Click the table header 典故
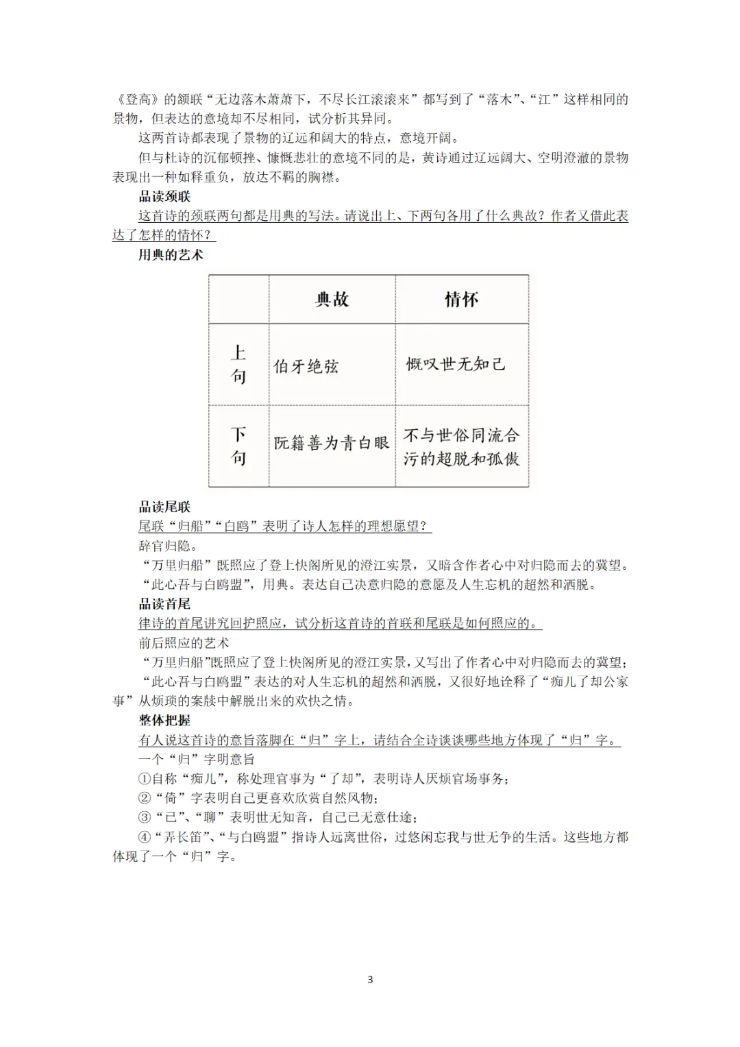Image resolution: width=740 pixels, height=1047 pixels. pyautogui.click(x=332, y=299)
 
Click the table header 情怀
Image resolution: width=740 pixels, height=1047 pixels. pyautogui.click(x=461, y=299)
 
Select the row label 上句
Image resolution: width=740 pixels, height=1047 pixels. pyautogui.click(x=238, y=364)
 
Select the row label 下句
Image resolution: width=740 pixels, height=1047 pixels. pyautogui.click(x=238, y=446)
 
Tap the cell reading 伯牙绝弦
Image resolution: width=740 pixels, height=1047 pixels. pyautogui.click(x=306, y=366)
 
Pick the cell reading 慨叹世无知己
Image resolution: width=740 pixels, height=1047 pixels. pyautogui.click(x=456, y=364)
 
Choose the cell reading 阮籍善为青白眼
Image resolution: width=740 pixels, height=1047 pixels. pyautogui.click(x=332, y=443)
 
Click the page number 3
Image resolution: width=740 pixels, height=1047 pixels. pyautogui.click(x=371, y=979)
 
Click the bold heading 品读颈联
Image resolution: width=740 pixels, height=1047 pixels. pyautogui.click(x=164, y=197)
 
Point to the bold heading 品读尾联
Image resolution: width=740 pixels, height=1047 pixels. pyautogui.click(x=164, y=507)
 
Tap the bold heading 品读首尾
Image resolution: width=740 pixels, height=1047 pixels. pyautogui.click(x=164, y=604)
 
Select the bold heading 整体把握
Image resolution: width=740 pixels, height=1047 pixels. pyautogui.click(x=164, y=721)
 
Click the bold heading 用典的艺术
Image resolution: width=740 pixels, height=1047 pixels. pyautogui.click(x=171, y=255)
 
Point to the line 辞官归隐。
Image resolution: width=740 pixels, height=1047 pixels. pyautogui.click(x=168, y=546)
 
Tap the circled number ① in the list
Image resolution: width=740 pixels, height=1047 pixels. pyautogui.click(x=144, y=779)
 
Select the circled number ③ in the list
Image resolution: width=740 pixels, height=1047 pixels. pyautogui.click(x=144, y=817)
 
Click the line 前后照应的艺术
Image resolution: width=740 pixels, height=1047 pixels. pyautogui.click(x=184, y=643)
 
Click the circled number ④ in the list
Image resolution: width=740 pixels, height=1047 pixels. pyautogui.click(x=144, y=837)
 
